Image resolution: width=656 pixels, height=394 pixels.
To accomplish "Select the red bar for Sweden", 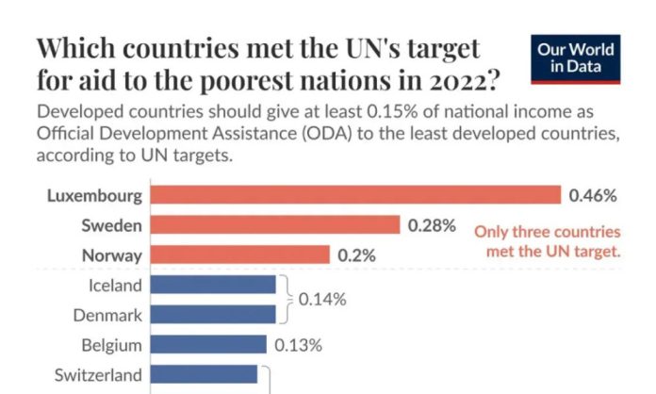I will pyautogui.click(x=275, y=225).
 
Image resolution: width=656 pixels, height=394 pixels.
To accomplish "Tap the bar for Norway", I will pyautogui.click(x=240, y=255).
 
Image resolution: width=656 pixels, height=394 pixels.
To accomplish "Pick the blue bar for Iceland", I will pyautogui.click(x=213, y=285).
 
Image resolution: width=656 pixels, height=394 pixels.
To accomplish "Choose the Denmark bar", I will pyautogui.click(x=213, y=314).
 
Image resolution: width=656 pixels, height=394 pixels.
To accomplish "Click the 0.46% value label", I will pyautogui.click(x=593, y=196).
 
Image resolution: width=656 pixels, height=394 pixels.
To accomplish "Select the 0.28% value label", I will pyautogui.click(x=432, y=225).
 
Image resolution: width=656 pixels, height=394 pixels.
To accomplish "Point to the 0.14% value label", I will pyautogui.click(x=322, y=300).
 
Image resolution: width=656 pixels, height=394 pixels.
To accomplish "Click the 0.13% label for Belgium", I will pyautogui.click(x=298, y=344).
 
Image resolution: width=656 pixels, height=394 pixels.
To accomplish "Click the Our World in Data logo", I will pyautogui.click(x=576, y=57).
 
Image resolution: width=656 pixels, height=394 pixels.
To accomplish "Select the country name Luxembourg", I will pyautogui.click(x=94, y=196).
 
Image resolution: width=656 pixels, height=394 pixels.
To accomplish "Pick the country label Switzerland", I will pyautogui.click(x=99, y=374).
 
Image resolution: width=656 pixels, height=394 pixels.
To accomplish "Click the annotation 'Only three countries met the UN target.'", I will pyautogui.click(x=547, y=240).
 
